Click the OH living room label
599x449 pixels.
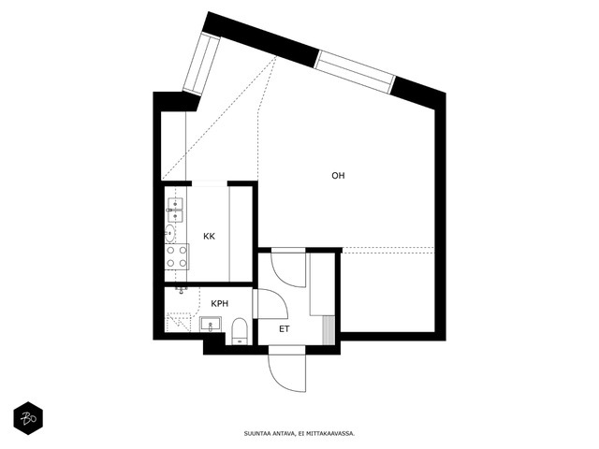click(x=338, y=176)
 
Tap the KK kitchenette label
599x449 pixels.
click(x=209, y=237)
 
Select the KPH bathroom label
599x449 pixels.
click(x=220, y=303)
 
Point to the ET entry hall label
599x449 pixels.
click(x=285, y=328)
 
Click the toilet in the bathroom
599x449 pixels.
click(x=240, y=330)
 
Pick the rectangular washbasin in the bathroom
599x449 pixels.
click(x=211, y=325)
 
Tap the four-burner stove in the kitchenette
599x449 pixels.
click(x=177, y=256)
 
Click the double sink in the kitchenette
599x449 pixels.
click(x=175, y=210)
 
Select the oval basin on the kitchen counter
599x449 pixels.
click(x=170, y=233)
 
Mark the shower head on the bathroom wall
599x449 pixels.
click(x=182, y=290)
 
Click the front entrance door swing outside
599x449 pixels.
click(x=287, y=369)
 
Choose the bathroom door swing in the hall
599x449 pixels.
click(x=270, y=303)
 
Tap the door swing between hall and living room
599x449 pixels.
click(x=288, y=268)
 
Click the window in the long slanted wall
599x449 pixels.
click(x=355, y=72)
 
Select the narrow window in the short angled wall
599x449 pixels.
click(x=201, y=64)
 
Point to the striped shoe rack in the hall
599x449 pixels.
click(x=329, y=329)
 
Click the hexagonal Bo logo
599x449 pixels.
click(x=28, y=418)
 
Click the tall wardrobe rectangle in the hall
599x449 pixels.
click(x=322, y=284)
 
